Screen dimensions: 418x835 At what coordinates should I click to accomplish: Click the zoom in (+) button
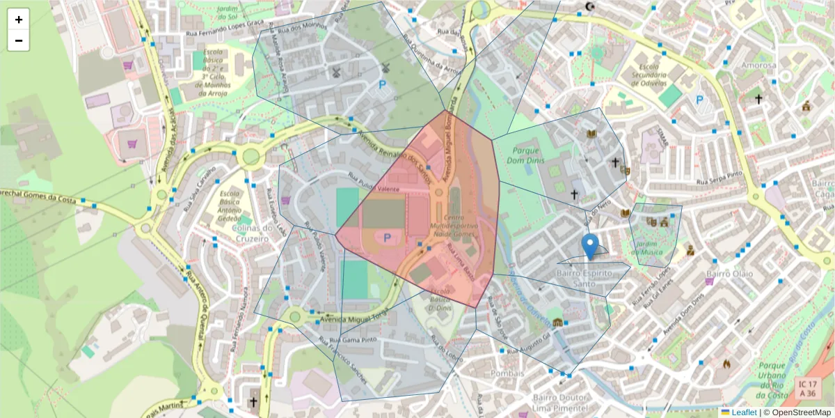click(19, 20)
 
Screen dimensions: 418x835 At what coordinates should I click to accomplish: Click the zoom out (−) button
click(19, 40)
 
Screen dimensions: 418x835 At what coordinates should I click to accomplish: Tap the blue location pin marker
click(590, 247)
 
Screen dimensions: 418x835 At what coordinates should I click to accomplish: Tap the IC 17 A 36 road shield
click(807, 389)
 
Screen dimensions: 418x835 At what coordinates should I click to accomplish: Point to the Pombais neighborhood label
click(507, 373)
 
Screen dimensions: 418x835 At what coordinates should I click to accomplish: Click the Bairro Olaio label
click(729, 274)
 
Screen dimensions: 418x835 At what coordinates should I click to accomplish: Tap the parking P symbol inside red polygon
click(387, 238)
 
